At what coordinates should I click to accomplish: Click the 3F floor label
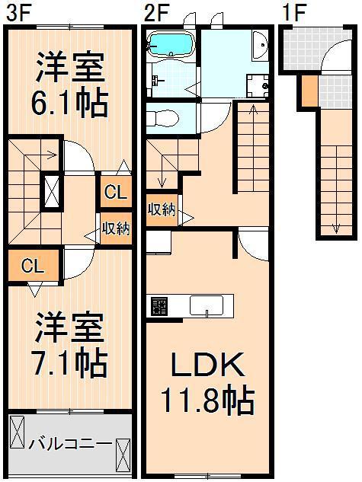point(18,13)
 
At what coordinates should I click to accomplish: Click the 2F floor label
point(156,13)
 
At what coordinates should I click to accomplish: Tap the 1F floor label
point(293,13)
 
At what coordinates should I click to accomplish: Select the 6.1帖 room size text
point(70,103)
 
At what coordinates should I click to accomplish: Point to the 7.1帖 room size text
point(70,362)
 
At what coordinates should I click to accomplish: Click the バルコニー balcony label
point(70,444)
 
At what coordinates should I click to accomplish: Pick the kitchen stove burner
point(159,306)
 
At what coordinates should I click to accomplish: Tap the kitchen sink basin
point(207,305)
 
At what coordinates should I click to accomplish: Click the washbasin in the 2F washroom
point(260,45)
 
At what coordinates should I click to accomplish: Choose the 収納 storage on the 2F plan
point(162,211)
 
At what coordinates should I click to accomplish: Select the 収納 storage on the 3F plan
point(116,228)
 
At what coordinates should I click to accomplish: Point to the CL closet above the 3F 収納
point(116,192)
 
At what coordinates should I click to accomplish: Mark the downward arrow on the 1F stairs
point(336,190)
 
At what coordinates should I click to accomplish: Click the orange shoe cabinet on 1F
point(309,91)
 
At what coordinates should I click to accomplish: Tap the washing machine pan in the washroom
point(258,85)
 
